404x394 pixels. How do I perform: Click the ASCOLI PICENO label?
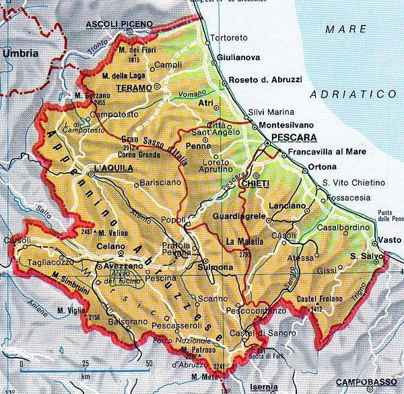[119, 25]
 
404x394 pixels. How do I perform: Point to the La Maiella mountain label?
[245, 241]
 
